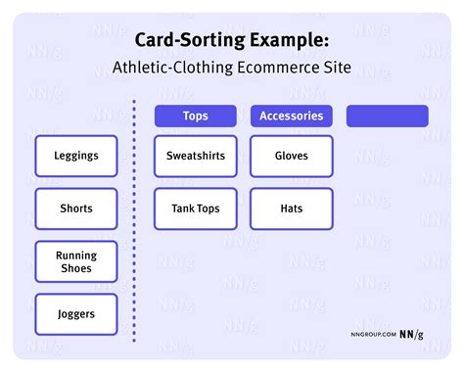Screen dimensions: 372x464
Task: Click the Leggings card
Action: click(x=76, y=156)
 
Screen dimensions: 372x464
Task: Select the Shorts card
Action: click(x=76, y=209)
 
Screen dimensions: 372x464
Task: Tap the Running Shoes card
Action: click(x=76, y=261)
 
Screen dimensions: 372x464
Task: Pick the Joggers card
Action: click(x=76, y=314)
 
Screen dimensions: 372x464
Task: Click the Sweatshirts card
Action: click(x=195, y=156)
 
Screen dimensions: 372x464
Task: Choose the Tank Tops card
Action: click(x=195, y=209)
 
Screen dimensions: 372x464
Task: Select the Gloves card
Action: click(x=291, y=156)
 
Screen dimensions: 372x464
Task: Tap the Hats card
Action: click(x=291, y=209)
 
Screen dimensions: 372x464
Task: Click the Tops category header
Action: click(x=195, y=116)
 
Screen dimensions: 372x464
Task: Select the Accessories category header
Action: click(x=291, y=116)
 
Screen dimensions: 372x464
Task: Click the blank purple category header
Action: click(x=387, y=116)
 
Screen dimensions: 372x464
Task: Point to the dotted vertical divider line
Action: click(x=134, y=215)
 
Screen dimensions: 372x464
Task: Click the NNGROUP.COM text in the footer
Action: click(x=372, y=334)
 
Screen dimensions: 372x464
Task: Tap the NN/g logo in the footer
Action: click(x=412, y=333)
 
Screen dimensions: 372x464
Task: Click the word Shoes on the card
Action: click(x=76, y=269)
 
